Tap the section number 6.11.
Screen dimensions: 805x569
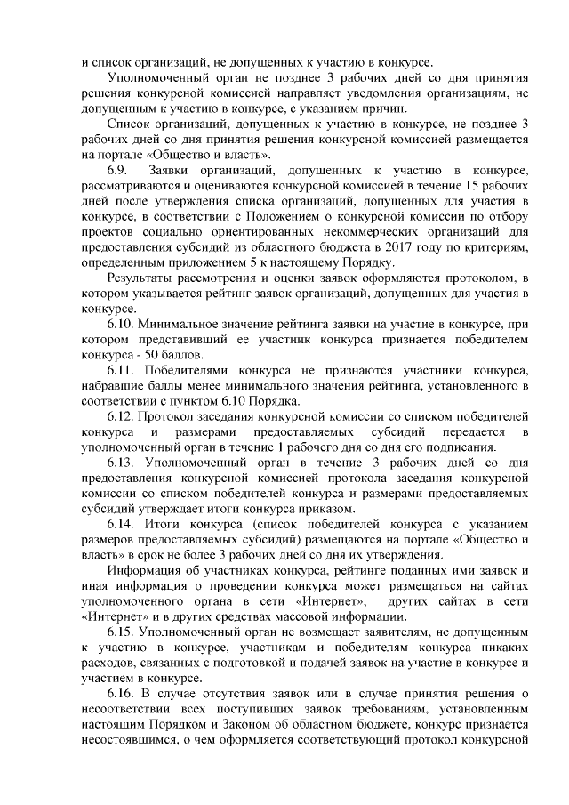click(x=122, y=369)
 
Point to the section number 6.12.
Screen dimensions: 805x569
click(x=122, y=415)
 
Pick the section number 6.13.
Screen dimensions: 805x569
click(x=122, y=463)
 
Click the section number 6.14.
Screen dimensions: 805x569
click(x=122, y=524)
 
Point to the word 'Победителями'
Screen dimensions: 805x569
click(x=194, y=369)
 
